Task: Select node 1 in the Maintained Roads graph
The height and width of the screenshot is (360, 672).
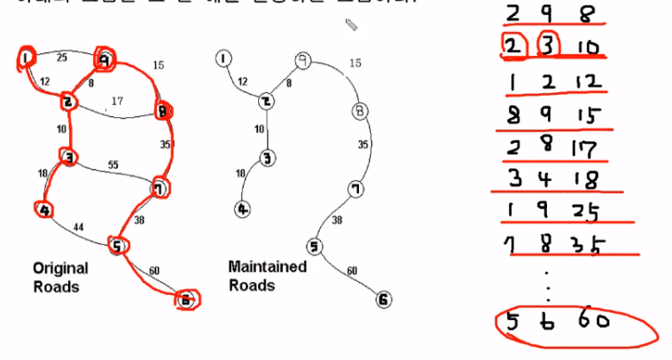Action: click(x=223, y=59)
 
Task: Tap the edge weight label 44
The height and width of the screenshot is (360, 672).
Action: click(x=78, y=228)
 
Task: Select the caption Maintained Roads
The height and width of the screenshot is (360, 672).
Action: click(x=267, y=275)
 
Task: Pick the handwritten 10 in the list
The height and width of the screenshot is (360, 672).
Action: click(x=586, y=46)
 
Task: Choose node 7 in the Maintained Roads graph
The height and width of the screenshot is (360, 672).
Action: click(x=354, y=189)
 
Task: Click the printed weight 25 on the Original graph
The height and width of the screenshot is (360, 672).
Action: click(x=60, y=58)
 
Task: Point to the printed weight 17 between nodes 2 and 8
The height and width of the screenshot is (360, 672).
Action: click(x=115, y=100)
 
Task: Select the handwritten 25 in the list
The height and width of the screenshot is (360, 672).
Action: click(x=584, y=211)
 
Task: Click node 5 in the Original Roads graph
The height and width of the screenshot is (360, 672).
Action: click(x=116, y=245)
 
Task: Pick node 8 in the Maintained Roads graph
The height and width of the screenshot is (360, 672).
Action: click(x=358, y=112)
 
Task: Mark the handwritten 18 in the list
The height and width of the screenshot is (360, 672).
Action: click(x=586, y=179)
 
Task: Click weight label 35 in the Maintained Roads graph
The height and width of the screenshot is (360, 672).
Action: click(x=363, y=143)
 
